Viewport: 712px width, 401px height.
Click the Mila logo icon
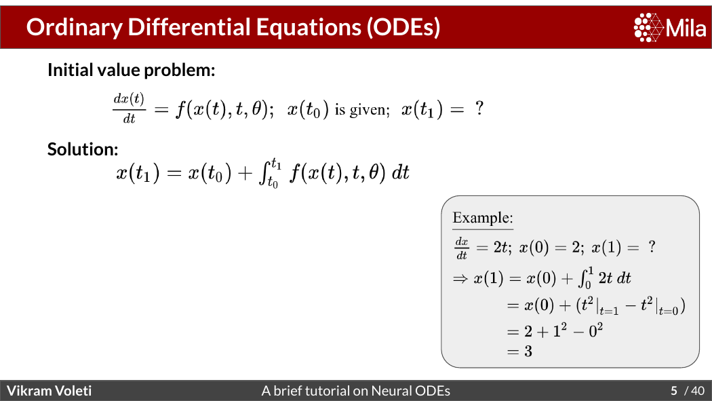pos(648,27)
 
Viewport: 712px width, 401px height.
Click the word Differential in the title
pos(189,26)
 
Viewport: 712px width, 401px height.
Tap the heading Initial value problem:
pos(132,71)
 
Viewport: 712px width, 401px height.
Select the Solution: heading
pos(83,149)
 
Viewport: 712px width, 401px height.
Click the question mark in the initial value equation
pos(479,109)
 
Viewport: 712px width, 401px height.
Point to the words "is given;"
pos(362,110)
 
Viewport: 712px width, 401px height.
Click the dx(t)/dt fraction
pos(129,108)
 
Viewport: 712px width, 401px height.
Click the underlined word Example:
pos(483,218)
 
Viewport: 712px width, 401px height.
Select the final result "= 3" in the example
pos(519,351)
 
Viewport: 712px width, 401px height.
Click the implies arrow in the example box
pos(460,278)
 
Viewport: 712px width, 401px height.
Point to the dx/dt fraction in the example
pos(461,248)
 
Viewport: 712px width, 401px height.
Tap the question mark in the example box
pos(652,246)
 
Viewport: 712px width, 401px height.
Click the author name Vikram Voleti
pos(49,391)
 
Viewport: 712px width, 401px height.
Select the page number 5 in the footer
pos(674,391)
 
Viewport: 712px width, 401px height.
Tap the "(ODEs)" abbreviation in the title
pos(403,26)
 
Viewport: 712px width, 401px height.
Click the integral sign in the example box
pos(582,278)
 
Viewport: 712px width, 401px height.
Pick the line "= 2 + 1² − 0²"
pos(555,330)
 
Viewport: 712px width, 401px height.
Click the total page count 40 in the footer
pos(698,391)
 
